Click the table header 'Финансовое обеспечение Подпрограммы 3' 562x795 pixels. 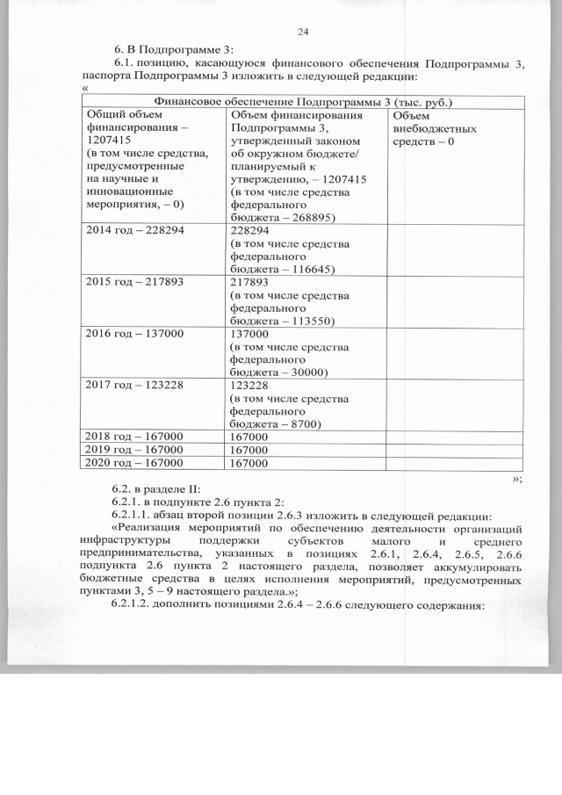point(302,103)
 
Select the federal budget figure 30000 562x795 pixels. point(305,372)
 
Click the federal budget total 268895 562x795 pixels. point(308,216)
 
